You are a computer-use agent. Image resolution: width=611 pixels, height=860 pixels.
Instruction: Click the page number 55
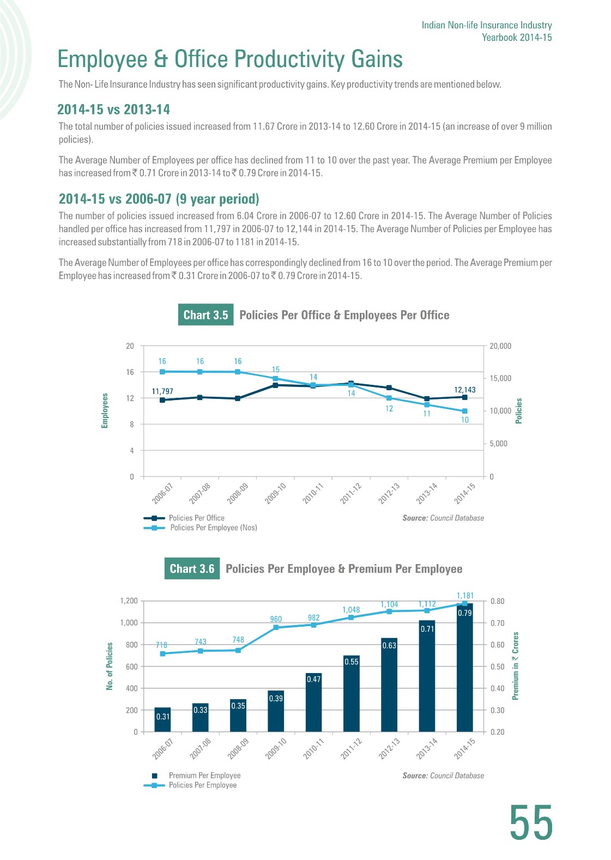[x=531, y=822]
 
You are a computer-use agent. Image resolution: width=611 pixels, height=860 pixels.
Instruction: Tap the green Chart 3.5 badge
[x=205, y=315]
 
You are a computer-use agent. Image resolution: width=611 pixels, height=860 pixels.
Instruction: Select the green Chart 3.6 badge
[x=192, y=568]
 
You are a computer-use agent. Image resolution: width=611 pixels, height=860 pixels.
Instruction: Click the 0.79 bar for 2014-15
[x=465, y=668]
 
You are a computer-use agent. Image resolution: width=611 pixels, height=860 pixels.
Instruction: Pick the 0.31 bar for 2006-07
[x=162, y=720]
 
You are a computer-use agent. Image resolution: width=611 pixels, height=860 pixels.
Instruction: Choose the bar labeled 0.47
[x=314, y=702]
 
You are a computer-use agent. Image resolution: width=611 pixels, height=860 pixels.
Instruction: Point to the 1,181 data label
[x=465, y=596]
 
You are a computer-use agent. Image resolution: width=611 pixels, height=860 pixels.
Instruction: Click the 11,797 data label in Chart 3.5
[x=162, y=391]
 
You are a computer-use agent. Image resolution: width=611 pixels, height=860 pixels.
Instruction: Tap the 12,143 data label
[x=465, y=390]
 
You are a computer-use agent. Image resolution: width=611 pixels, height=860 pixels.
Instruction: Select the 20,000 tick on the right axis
[x=500, y=346]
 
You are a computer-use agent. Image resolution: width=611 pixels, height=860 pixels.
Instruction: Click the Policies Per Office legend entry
[x=184, y=518]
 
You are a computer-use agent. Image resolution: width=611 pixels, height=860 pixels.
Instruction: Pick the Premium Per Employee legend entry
[x=196, y=775]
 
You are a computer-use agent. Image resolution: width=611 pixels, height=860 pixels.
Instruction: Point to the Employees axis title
[x=105, y=410]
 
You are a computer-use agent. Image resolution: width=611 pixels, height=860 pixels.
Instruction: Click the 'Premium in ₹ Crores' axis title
[x=516, y=666]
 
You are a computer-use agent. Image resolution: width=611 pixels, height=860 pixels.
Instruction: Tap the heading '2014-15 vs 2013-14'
[x=113, y=110]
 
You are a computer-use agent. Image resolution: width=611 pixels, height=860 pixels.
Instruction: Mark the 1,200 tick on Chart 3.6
[x=129, y=601]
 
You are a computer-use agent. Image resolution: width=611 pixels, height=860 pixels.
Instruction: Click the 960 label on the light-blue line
[x=276, y=619]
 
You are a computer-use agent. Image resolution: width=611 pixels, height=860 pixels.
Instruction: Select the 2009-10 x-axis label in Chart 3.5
[x=275, y=493]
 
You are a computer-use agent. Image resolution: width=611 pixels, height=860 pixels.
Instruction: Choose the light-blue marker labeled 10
[x=465, y=411]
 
